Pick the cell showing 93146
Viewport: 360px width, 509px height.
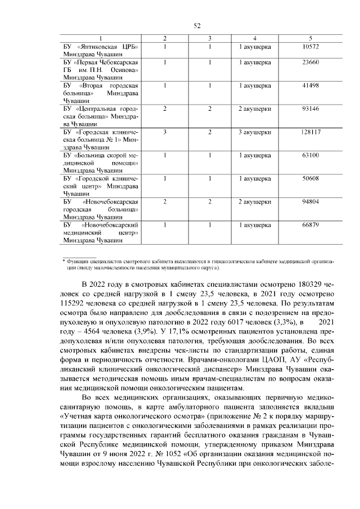tap(310, 109)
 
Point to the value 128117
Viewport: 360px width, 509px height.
tap(310, 132)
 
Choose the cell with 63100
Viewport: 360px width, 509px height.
tap(310, 155)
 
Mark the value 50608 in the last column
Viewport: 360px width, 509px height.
tap(310, 178)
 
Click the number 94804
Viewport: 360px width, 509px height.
tap(310, 201)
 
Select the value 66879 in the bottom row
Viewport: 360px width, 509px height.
tap(310, 224)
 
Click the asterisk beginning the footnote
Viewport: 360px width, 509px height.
tap(63, 261)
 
